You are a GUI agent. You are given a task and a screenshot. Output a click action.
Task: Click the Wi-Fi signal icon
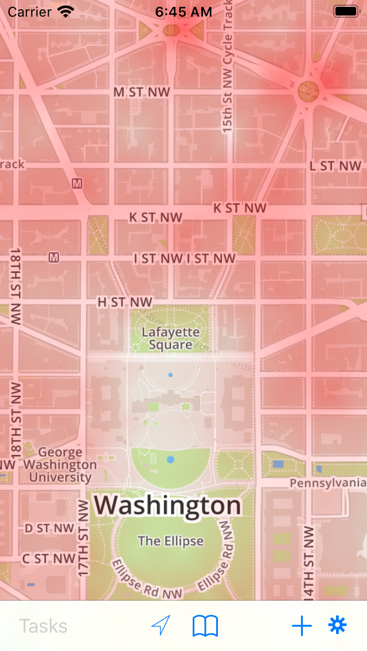[x=67, y=11]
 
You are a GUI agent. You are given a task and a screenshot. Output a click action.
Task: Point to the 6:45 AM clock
[x=183, y=11]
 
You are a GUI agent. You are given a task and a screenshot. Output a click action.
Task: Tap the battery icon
[x=346, y=11]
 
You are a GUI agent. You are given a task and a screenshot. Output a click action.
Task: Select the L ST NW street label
[x=335, y=166]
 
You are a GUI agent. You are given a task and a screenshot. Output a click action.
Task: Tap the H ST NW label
[x=125, y=302]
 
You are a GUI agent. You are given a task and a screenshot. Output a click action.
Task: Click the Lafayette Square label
[x=170, y=338]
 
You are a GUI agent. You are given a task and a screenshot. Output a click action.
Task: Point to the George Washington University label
[x=60, y=465]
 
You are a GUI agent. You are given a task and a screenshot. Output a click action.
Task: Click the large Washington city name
[x=168, y=505]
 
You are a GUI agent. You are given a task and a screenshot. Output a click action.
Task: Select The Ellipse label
[x=170, y=540]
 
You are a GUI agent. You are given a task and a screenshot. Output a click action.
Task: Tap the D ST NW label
[x=49, y=528]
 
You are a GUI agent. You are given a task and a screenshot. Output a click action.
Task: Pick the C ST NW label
[x=49, y=558]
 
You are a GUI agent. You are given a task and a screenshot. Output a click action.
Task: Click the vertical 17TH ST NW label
[x=84, y=538]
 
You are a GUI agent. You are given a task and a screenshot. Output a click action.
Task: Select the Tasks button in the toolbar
[x=43, y=626]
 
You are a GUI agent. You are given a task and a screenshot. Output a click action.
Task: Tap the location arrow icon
[x=161, y=626]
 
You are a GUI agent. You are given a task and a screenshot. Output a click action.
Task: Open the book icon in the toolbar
[x=205, y=626]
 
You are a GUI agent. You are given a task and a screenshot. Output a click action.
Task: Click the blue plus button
[x=302, y=626]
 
